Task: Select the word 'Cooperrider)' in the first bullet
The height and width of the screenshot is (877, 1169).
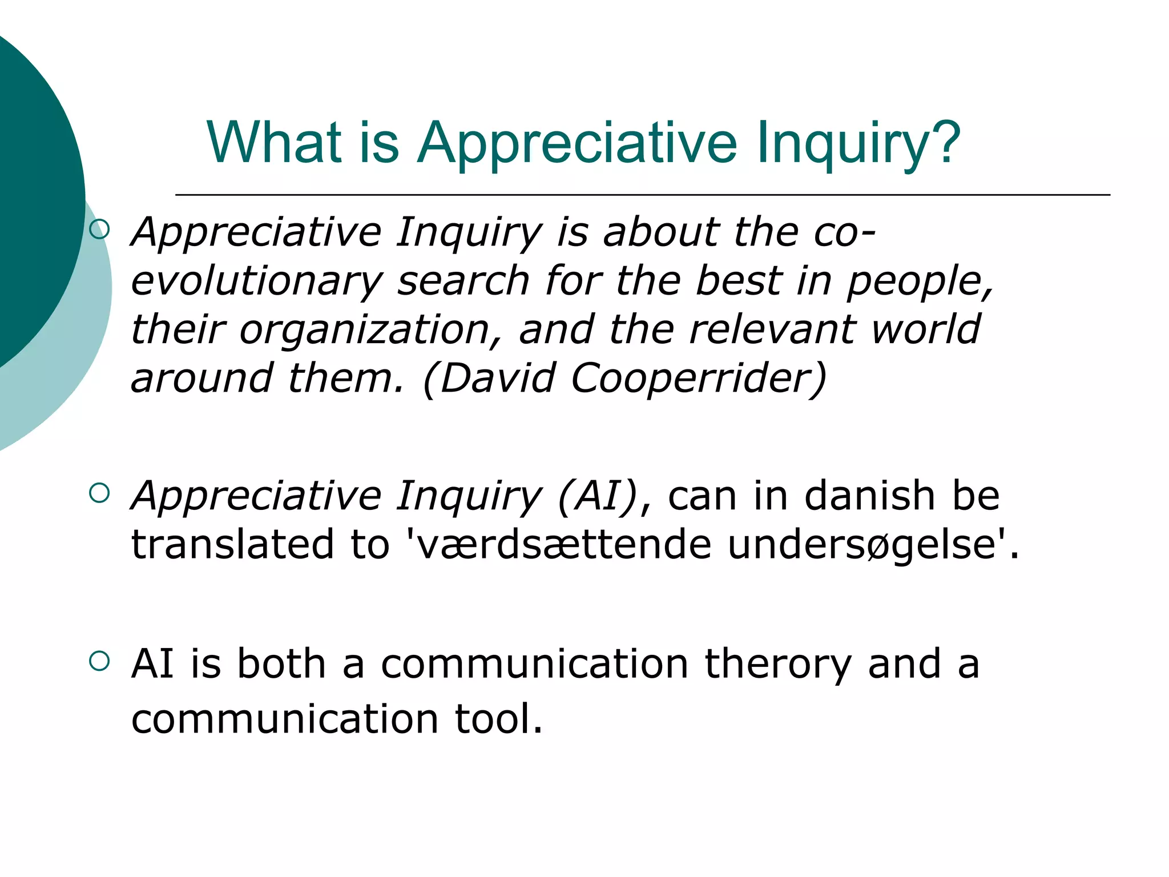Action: tap(699, 378)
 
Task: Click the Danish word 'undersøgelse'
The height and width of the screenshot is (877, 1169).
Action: tap(861, 544)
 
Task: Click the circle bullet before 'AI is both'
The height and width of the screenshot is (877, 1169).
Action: tap(99, 661)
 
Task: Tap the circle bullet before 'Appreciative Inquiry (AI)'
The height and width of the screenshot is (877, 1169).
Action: tap(99, 492)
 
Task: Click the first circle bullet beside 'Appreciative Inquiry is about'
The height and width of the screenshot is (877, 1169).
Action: tap(99, 230)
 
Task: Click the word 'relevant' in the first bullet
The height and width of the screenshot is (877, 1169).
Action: tap(773, 330)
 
